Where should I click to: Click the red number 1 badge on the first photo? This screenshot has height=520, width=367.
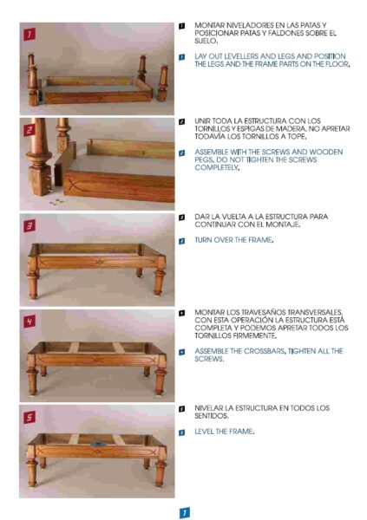pos(29,34)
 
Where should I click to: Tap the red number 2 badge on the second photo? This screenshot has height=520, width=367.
pos(29,130)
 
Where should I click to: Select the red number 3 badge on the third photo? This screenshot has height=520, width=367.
pos(29,226)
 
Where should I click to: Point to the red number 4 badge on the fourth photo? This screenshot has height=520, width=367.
pos(29,322)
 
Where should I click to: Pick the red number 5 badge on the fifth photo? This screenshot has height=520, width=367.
pos(29,417)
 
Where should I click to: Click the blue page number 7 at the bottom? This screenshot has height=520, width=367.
pos(185,513)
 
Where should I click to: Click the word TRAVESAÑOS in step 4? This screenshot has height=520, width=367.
pos(263,312)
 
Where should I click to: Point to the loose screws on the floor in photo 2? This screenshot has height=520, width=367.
pos(56,202)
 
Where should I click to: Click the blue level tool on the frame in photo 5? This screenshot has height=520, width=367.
pos(97,444)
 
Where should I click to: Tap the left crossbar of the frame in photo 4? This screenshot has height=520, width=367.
pos(74,348)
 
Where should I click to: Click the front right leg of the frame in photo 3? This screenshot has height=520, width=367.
pos(160,278)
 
